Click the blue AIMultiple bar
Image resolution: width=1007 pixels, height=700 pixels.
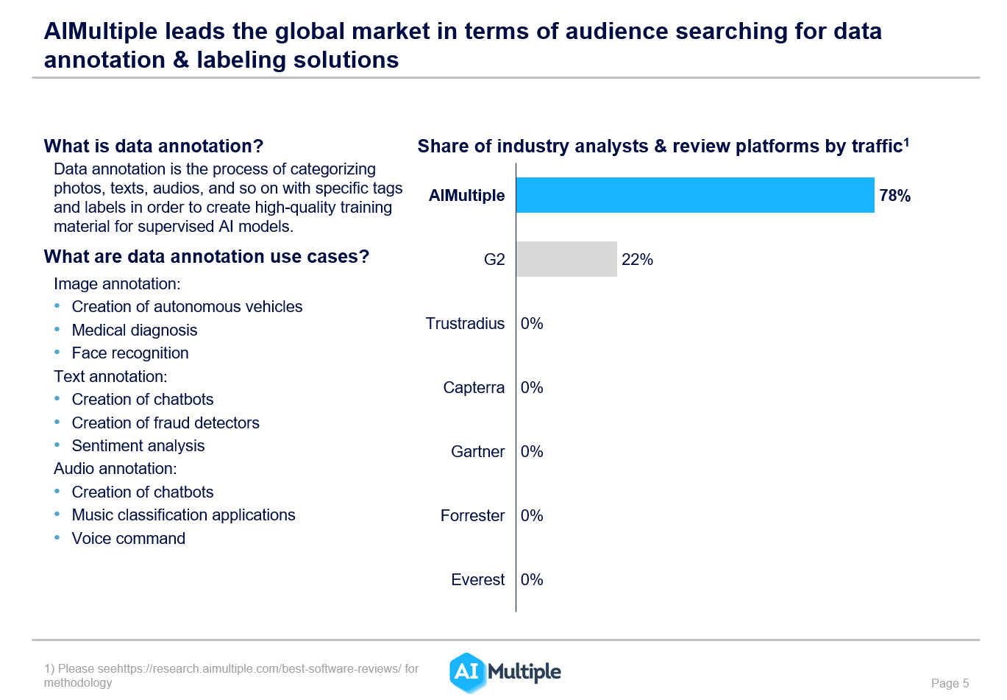695,195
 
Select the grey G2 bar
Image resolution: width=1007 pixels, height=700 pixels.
566,259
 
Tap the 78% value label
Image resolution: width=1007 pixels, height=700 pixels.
894,196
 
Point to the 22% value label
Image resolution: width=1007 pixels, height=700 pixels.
637,260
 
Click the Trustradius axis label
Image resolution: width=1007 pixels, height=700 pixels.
465,324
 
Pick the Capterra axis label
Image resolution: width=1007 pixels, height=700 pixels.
474,388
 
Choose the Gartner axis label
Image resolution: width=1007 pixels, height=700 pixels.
477,452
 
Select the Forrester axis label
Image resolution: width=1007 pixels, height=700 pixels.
472,516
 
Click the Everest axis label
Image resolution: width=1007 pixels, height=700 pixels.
477,580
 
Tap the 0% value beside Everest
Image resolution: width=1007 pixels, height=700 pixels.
532,580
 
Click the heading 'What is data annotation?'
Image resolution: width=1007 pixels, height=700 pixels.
154,146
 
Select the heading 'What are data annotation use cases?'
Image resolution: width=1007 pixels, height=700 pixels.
207,257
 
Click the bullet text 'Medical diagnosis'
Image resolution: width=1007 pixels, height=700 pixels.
135,330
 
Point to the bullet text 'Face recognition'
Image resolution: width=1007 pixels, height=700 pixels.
130,353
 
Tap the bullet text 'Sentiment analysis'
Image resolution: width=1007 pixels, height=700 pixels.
138,446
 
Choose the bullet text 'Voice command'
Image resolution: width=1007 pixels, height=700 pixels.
129,539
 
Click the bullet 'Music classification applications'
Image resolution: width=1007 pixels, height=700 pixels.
183,515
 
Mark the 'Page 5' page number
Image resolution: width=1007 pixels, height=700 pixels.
950,683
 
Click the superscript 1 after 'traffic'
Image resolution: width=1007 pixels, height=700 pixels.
907,142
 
